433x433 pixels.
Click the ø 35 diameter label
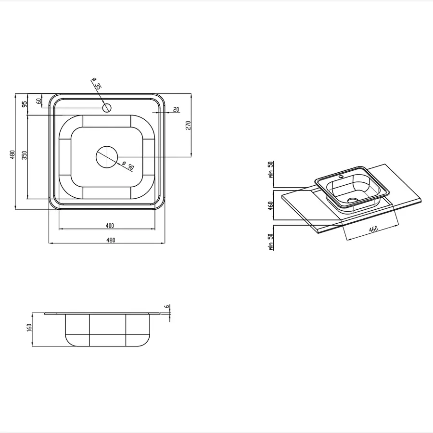coord(97,83)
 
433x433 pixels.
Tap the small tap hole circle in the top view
coord(107,107)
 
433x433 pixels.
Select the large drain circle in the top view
coord(107,157)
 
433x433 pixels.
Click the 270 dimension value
coord(188,126)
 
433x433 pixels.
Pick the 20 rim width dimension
coord(176,109)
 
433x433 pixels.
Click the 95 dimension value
coord(25,104)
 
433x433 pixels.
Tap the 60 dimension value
coord(39,101)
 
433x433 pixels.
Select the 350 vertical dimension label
coord(25,155)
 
